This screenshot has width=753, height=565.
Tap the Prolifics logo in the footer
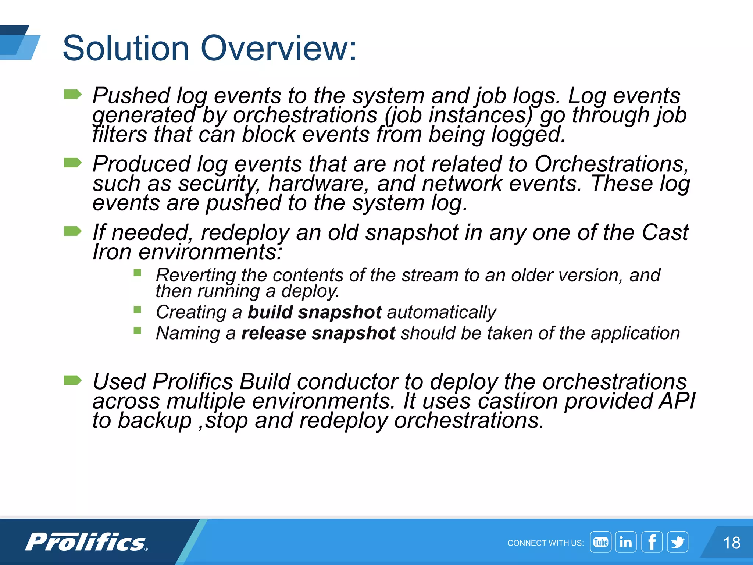tap(87, 542)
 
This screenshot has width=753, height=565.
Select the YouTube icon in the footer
tap(600, 542)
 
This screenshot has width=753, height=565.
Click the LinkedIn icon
tap(626, 542)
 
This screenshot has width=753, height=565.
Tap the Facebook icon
tap(652, 542)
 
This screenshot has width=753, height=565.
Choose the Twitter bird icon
tap(678, 542)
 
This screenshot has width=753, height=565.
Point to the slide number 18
tap(731, 543)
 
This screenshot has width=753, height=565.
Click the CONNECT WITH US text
tap(545, 543)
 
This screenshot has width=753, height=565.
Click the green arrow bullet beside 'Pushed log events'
tap(72, 95)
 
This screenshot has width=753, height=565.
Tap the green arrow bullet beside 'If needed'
tap(72, 231)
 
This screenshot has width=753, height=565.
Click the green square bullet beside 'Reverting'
tap(138, 273)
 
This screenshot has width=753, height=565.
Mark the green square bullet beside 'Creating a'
tap(138, 309)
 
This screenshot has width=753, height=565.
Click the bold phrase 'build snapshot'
tap(315, 312)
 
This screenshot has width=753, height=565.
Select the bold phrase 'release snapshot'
tap(318, 333)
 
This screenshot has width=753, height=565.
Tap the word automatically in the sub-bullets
tap(442, 312)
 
